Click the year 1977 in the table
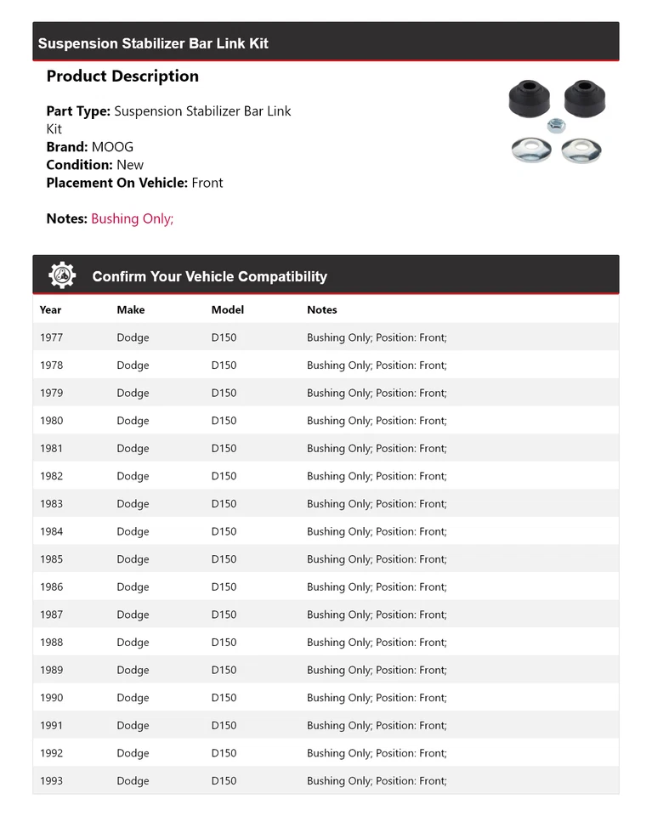pos(51,337)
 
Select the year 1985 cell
pos(51,559)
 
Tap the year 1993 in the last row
pos(51,781)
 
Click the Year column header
pos(50,309)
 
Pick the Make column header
pos(131,309)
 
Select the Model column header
pos(228,309)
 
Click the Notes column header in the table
pos(322,309)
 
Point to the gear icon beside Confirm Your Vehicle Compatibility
pos(62,275)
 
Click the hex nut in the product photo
pos(556,126)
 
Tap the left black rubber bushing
pos(530,99)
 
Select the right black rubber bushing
pos(583,99)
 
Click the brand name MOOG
pos(112,147)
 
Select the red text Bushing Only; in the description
pos(132,218)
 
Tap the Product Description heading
pos(122,76)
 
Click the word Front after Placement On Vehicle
pos(207,183)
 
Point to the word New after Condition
pos(130,165)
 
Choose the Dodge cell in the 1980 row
pos(133,421)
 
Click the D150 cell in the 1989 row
pos(224,670)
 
